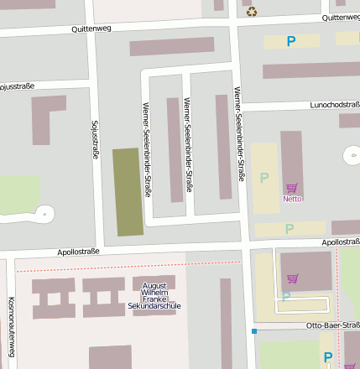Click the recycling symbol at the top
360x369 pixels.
click(252, 11)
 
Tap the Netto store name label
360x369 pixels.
click(292, 199)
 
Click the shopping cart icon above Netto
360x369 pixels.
click(292, 189)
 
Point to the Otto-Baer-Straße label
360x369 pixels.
click(333, 325)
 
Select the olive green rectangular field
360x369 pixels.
click(128, 192)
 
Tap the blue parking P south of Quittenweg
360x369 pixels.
click(291, 40)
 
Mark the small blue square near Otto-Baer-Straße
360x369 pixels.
click(253, 331)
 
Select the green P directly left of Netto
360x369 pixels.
click(264, 177)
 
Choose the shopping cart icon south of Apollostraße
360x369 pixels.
click(292, 278)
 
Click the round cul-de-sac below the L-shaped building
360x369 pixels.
click(43, 216)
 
